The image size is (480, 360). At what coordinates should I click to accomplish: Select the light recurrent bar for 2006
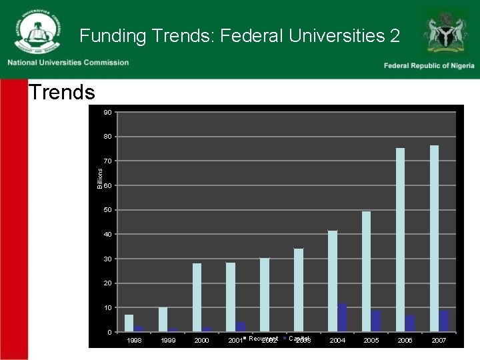coord(400,240)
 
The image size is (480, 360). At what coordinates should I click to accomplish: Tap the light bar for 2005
coord(366,271)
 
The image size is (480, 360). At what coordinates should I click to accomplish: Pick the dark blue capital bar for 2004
coord(342,318)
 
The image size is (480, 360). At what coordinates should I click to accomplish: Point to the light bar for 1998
coord(129,323)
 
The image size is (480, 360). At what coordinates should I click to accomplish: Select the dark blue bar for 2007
coord(444,321)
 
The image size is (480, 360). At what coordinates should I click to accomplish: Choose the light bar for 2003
coord(298,290)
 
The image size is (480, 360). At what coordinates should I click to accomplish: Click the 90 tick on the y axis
coord(107,112)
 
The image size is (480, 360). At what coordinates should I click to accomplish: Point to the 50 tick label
coord(107,210)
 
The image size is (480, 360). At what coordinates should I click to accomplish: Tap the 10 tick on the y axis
coord(107,308)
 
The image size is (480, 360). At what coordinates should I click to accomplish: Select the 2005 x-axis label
coord(371,341)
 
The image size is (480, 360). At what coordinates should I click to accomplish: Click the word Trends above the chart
coord(61,92)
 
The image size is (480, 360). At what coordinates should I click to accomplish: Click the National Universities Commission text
coord(68,63)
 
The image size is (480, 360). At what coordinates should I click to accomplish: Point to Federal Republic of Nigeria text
coord(429,65)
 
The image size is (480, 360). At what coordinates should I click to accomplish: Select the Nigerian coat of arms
coord(445,31)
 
